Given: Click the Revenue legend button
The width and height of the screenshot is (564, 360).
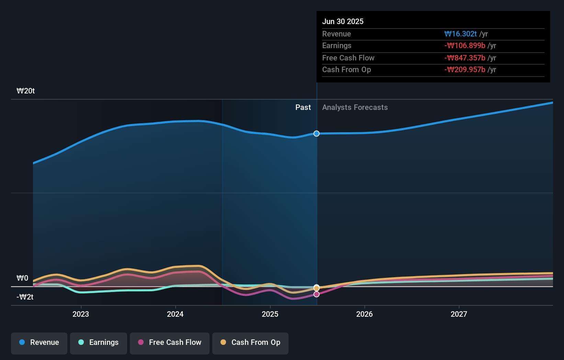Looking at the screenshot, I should (39, 343).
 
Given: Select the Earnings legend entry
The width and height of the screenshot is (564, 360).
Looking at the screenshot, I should (99, 343).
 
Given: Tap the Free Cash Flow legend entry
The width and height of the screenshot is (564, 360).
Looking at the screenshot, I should (170, 343).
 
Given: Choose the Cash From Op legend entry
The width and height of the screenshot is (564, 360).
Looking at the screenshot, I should (250, 343).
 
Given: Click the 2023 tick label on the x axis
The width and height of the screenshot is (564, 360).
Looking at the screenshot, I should (81, 314).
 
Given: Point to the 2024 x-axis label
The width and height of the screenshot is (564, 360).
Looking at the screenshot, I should (175, 314).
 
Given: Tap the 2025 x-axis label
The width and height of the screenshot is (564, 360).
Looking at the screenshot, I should (270, 314).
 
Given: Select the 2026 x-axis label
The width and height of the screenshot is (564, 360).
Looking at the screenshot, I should (364, 314).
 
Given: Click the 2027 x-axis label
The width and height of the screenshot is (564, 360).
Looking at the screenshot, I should (459, 314).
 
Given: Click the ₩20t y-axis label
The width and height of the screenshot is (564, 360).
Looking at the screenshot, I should (26, 91).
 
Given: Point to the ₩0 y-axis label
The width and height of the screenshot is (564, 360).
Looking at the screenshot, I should (22, 278).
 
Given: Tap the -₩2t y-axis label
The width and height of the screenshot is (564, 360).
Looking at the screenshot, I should (25, 297).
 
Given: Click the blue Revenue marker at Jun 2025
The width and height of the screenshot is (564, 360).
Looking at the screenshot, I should (317, 134).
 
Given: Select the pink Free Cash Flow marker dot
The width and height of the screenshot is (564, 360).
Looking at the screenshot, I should (317, 294).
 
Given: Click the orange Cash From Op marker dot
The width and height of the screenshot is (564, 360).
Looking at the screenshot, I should (317, 288).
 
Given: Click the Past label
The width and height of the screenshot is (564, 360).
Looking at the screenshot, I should (303, 108).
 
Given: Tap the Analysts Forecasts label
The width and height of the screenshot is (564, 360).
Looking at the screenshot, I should (355, 108).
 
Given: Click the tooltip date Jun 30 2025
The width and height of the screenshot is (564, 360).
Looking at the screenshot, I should (343, 21).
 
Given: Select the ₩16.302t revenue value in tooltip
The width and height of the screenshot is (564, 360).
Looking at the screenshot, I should (460, 34).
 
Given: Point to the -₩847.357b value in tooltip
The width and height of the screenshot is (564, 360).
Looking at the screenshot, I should (465, 58).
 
